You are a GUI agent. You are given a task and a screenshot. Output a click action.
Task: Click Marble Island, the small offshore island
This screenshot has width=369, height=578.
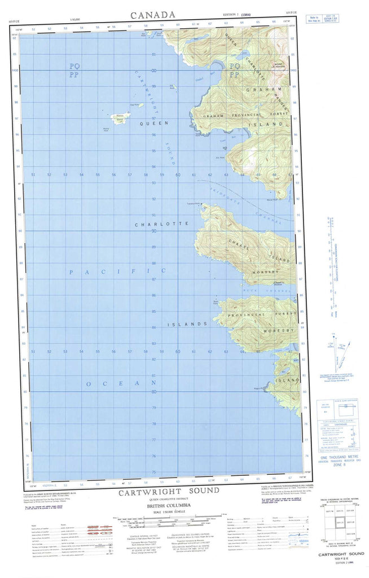120,118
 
